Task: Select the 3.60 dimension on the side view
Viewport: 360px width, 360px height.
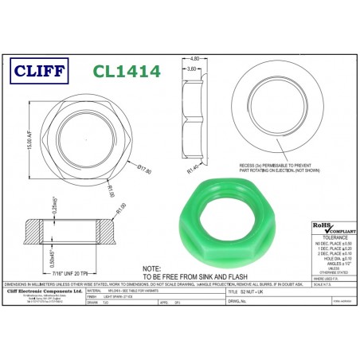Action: point(191,69)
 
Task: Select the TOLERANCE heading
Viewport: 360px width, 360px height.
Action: point(332,237)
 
